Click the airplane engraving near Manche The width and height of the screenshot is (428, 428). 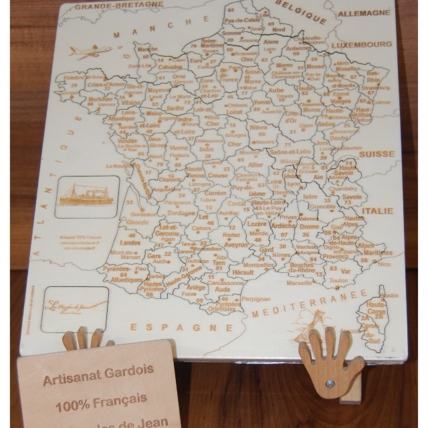[x=90, y=51]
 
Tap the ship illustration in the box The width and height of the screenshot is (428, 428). [x=87, y=195]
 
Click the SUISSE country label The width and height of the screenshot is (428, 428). [x=377, y=154]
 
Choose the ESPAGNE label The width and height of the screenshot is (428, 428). [x=181, y=327]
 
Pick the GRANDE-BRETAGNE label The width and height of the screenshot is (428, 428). [x=118, y=5]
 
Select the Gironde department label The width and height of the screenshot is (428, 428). [x=136, y=221]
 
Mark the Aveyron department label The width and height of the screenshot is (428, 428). [x=236, y=245]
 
